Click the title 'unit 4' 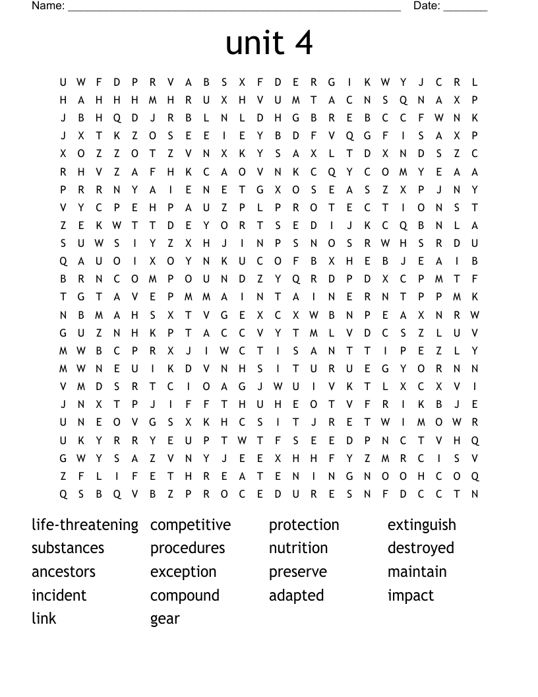pyautogui.click(x=269, y=44)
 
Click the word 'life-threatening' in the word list pyautogui.click(x=85, y=525)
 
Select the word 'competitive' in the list pyautogui.click(x=191, y=525)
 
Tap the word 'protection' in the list pyautogui.click(x=304, y=525)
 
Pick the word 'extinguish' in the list pyautogui.click(x=422, y=525)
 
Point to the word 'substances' pyautogui.click(x=68, y=548)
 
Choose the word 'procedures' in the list pyautogui.click(x=188, y=548)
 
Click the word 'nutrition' pyautogui.click(x=298, y=548)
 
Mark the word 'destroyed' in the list pyautogui.click(x=421, y=548)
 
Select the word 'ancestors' pyautogui.click(x=63, y=572)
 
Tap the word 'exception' pyautogui.click(x=183, y=572)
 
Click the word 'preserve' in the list pyautogui.click(x=298, y=572)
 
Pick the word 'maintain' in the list pyautogui.click(x=417, y=572)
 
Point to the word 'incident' pyautogui.click(x=59, y=595)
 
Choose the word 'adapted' pyautogui.click(x=297, y=596)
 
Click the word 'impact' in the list pyautogui.click(x=411, y=596)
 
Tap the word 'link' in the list pyautogui.click(x=44, y=618)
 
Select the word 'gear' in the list pyautogui.click(x=165, y=620)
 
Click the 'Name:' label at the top pyautogui.click(x=48, y=6)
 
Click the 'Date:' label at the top pyautogui.click(x=427, y=6)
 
